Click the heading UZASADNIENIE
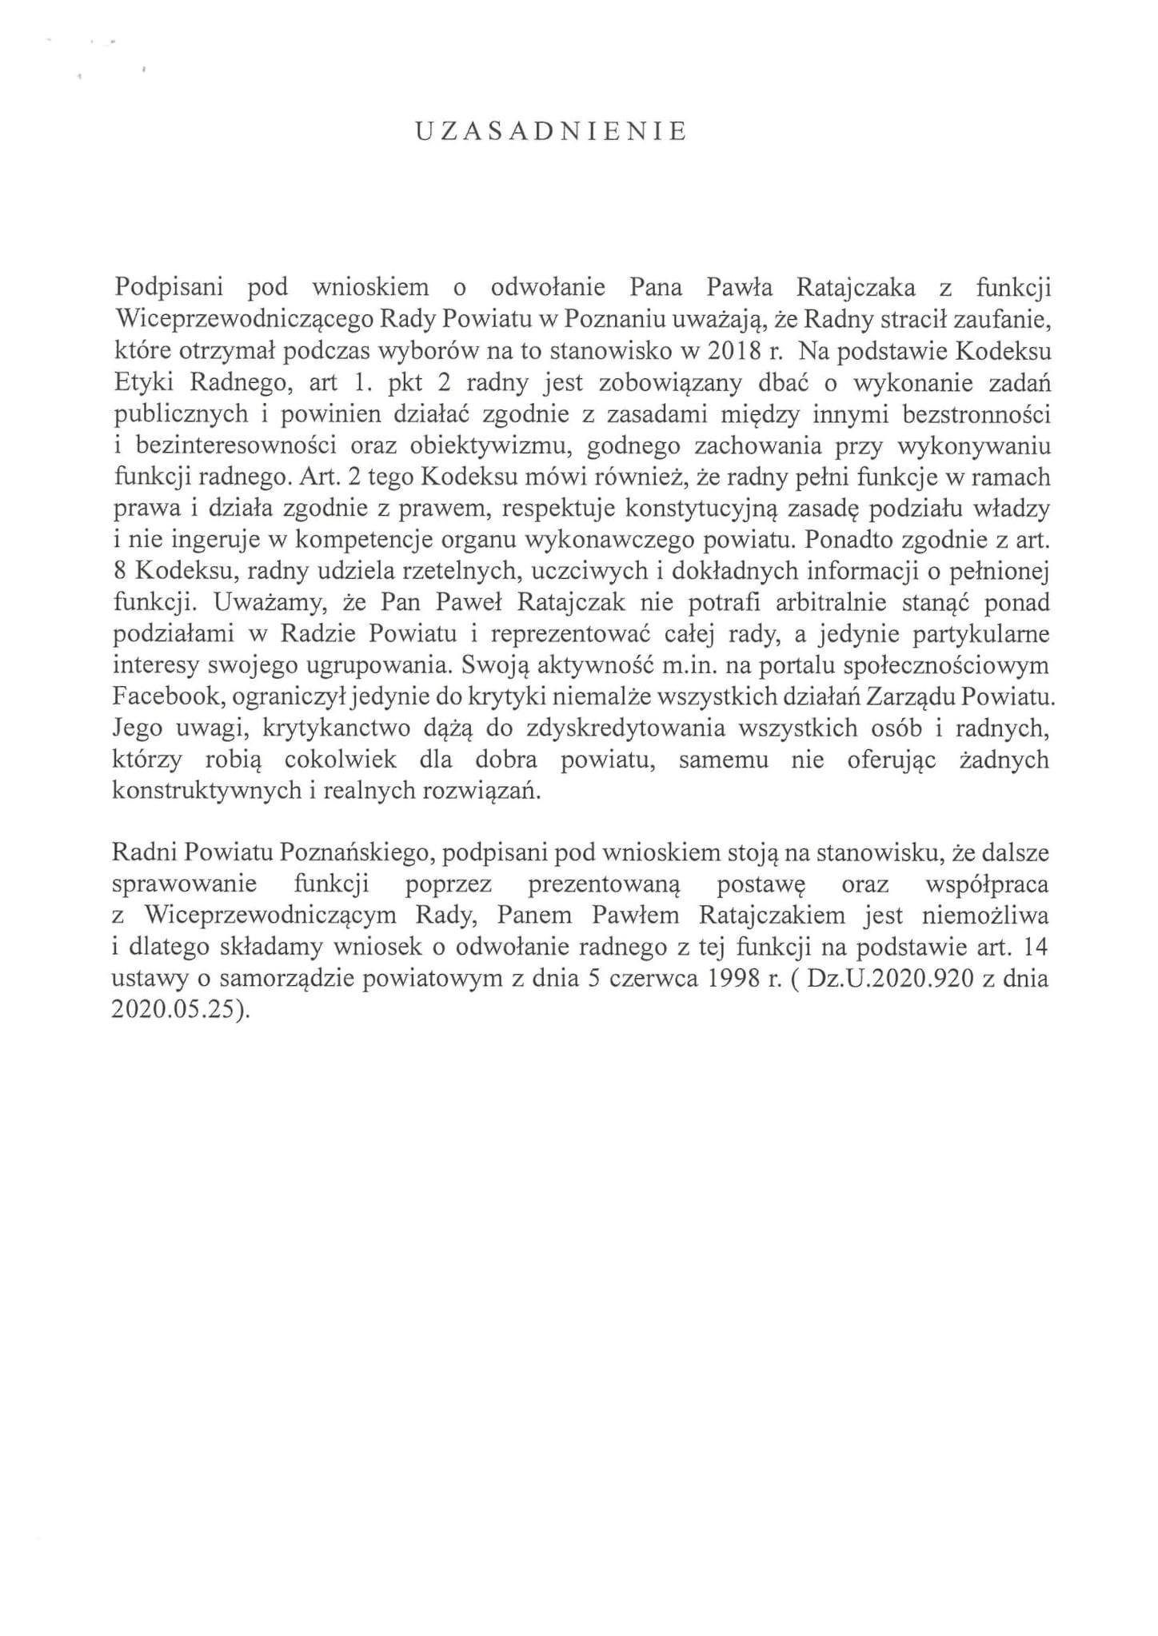pyautogui.click(x=551, y=132)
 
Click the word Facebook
pyautogui.click(x=166, y=697)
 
